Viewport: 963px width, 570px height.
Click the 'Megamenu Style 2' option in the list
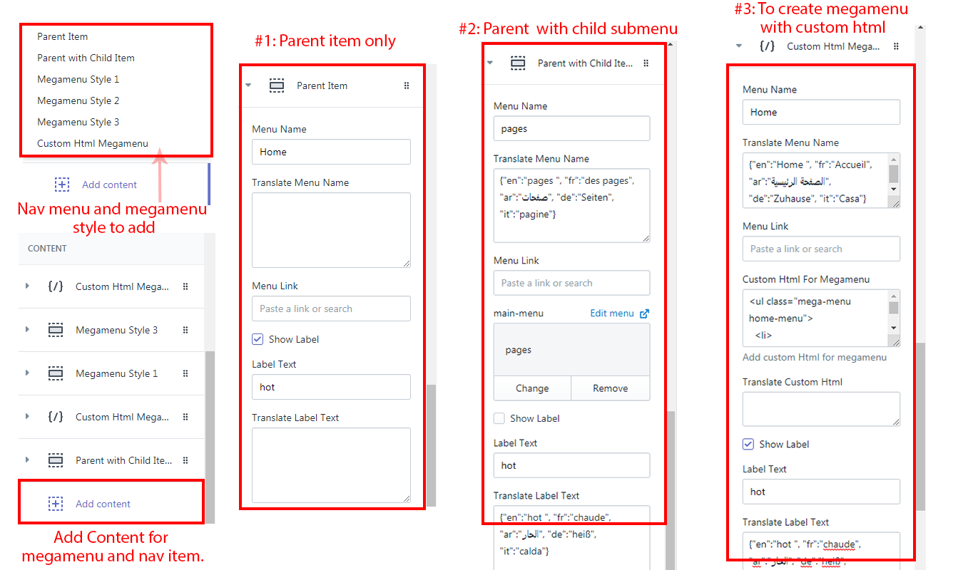pos(78,100)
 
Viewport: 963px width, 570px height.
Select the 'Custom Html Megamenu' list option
pos(93,143)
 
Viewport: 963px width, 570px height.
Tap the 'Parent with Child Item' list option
pos(86,58)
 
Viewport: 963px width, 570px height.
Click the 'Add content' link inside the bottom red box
pos(103,504)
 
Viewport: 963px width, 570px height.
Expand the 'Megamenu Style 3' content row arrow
pos(27,329)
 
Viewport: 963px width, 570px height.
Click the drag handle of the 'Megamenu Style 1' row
pos(185,373)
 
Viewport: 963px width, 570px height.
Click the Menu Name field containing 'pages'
pos(571,128)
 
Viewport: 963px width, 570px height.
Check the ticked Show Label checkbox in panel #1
pos(258,339)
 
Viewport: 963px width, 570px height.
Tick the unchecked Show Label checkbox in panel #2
pos(499,418)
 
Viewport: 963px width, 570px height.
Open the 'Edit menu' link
pos(619,313)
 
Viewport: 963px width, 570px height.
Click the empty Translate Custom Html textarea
pos(821,409)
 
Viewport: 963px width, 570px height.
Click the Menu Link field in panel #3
pos(821,249)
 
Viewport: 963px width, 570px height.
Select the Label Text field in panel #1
pos(331,387)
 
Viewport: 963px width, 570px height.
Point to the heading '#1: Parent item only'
pos(325,41)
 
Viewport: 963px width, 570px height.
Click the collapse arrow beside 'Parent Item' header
pos(248,85)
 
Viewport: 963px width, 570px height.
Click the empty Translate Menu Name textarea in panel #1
pos(331,230)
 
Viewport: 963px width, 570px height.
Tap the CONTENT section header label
pos(47,248)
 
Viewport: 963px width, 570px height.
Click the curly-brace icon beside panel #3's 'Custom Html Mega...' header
pos(767,46)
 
